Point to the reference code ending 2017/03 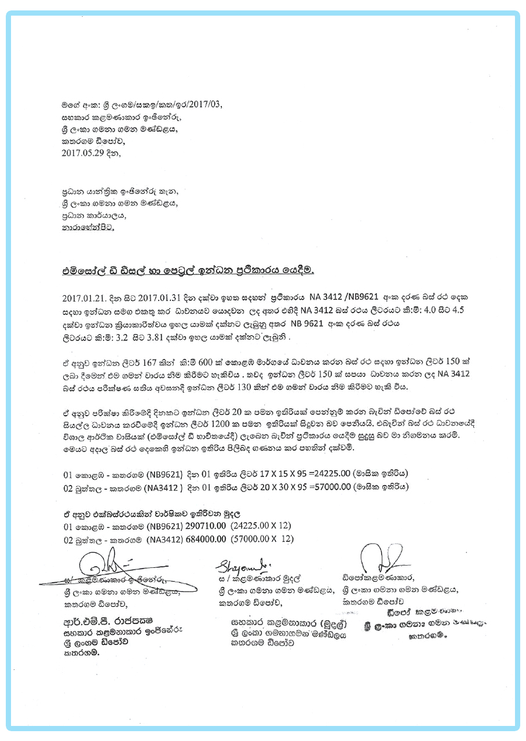click(x=191, y=105)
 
